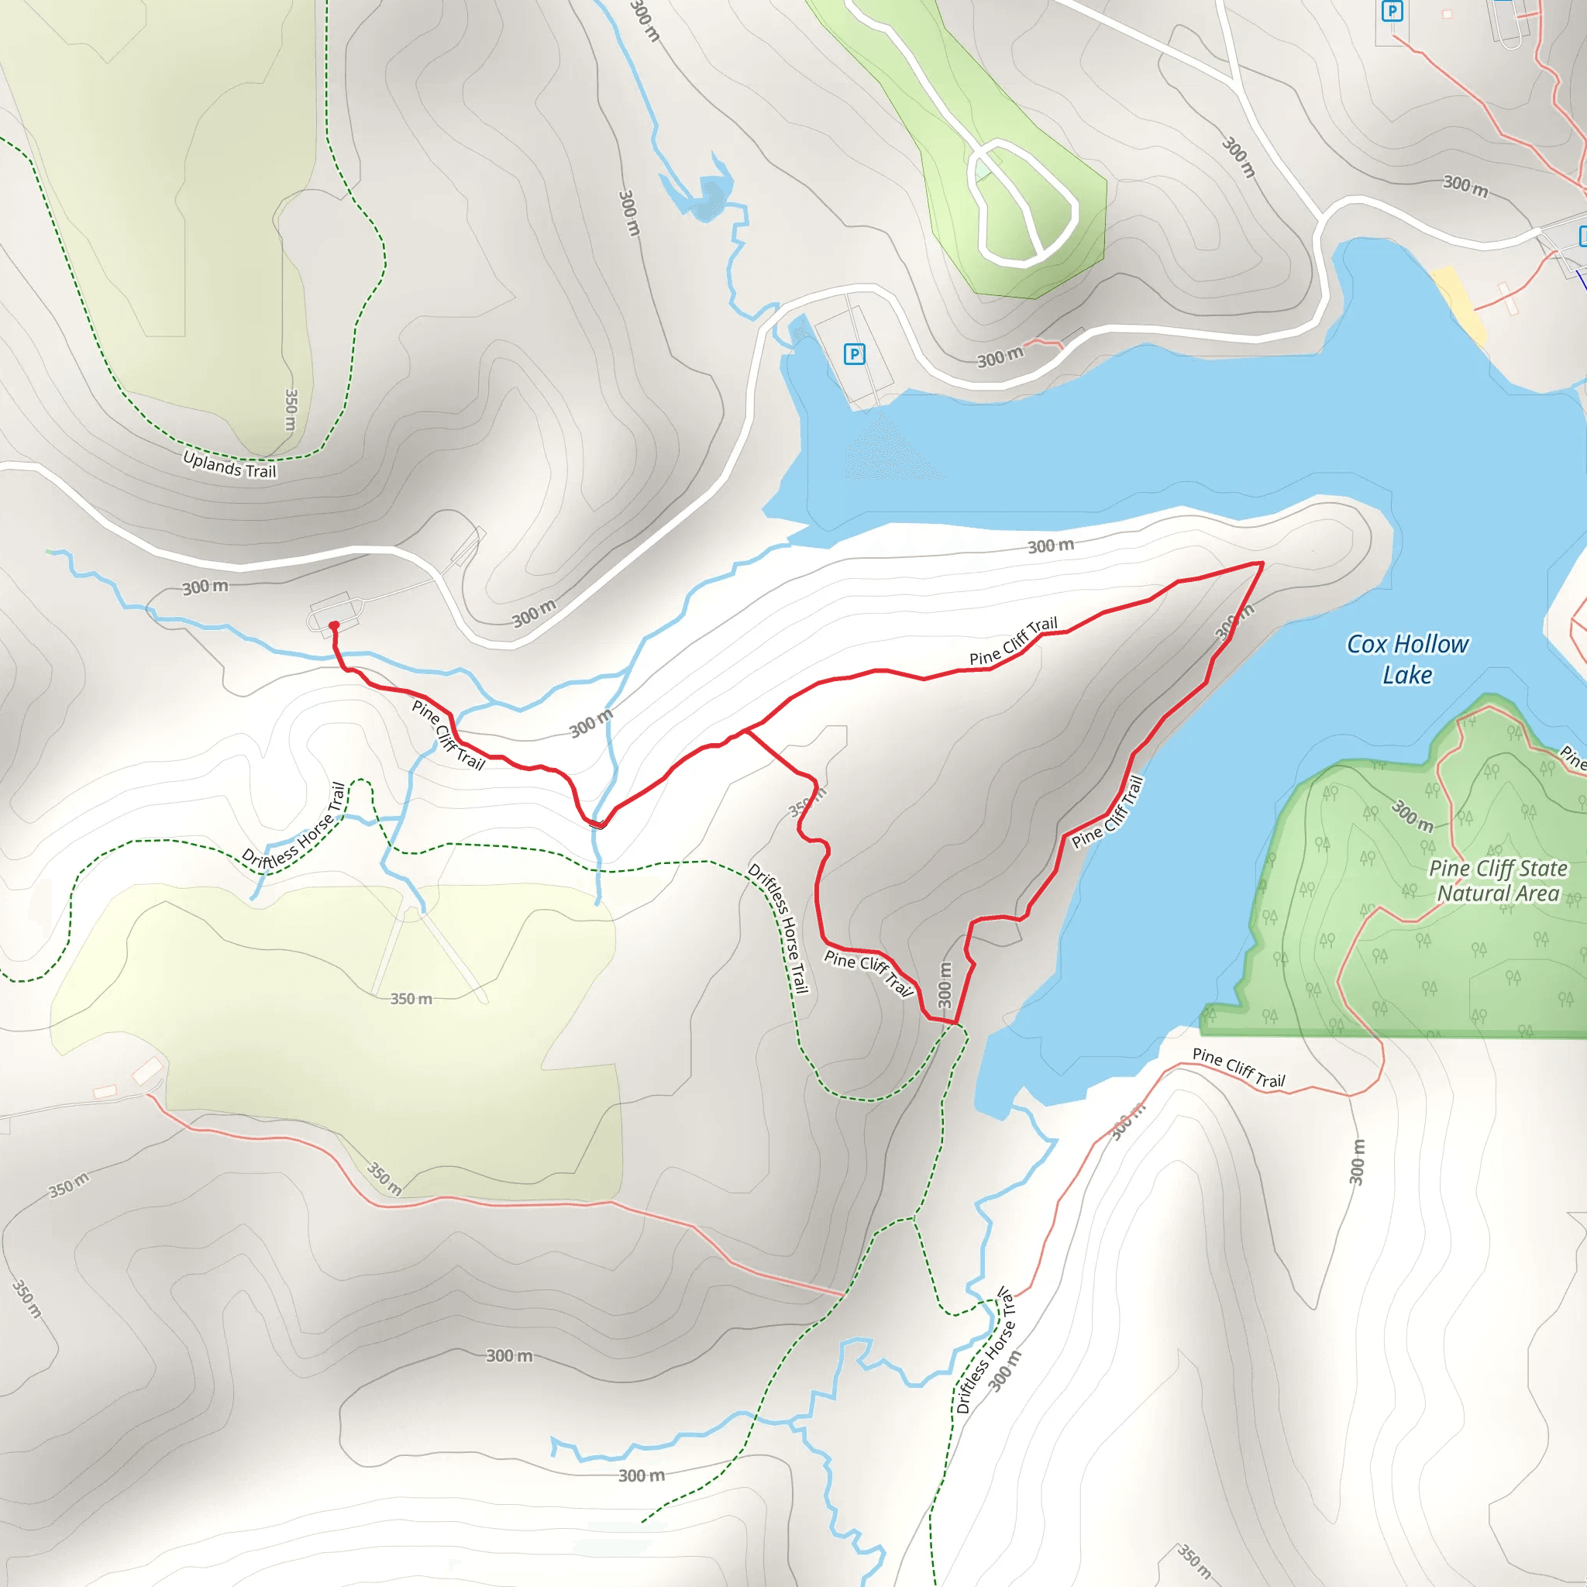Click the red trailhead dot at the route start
pos(333,626)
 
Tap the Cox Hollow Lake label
pos(1407,659)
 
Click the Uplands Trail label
pos(230,465)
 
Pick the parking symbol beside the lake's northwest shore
pos(854,354)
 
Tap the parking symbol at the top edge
pos(1392,12)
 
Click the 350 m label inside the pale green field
pos(411,999)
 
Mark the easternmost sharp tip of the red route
pos(1262,563)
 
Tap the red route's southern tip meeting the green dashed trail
pos(956,1024)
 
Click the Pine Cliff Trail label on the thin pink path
pos(1239,1068)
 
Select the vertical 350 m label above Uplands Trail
pos(290,410)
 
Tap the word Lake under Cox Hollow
pos(1407,675)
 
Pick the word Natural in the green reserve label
pos(1472,893)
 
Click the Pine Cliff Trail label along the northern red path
pos(1013,642)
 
